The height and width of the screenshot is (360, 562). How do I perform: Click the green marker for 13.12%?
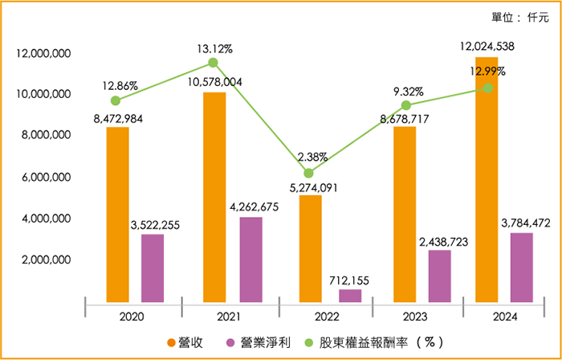(214, 62)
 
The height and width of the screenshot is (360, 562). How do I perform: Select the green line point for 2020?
(116, 100)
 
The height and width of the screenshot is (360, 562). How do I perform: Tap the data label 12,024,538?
(487, 46)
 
